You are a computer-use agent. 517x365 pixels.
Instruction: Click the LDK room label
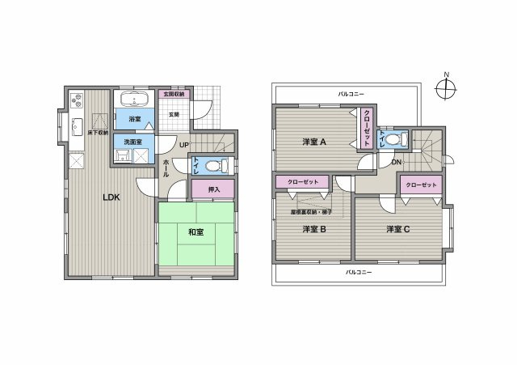111,197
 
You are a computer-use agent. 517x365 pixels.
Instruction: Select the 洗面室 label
132,142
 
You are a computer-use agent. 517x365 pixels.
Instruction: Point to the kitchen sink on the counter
75,126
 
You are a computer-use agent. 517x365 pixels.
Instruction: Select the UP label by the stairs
184,146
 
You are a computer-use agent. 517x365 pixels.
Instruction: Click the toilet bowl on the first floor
212,167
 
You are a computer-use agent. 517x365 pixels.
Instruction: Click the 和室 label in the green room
195,231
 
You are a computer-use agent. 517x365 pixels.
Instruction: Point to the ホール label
166,168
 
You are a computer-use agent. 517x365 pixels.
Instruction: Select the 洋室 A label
314,142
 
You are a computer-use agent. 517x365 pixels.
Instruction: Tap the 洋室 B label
313,229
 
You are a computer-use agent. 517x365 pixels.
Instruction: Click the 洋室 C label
397,229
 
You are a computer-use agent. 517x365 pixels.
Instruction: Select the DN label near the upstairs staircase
397,162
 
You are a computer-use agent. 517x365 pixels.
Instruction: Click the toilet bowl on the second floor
393,139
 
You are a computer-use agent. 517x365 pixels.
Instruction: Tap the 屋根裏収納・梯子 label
312,212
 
